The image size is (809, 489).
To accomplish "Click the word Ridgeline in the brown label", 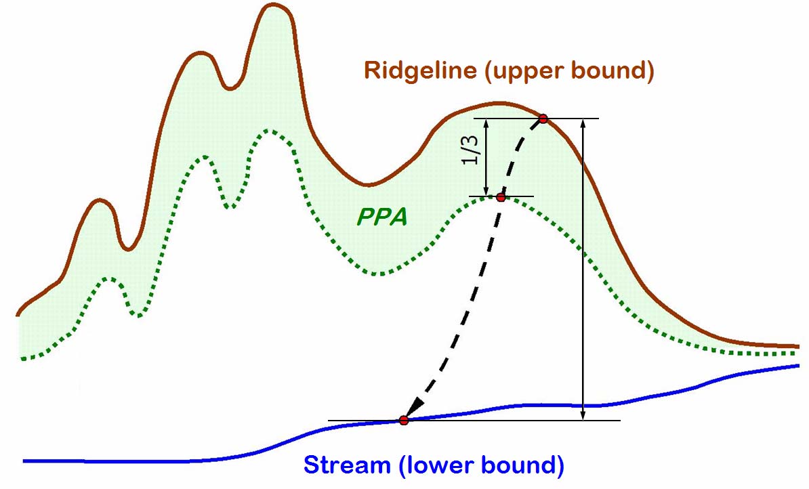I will [419, 70].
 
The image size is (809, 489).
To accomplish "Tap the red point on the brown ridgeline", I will [543, 119].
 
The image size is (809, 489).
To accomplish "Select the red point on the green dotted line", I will [501, 197].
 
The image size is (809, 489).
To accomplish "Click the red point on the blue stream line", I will [404, 421].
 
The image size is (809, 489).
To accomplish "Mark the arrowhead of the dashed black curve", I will [413, 409].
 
